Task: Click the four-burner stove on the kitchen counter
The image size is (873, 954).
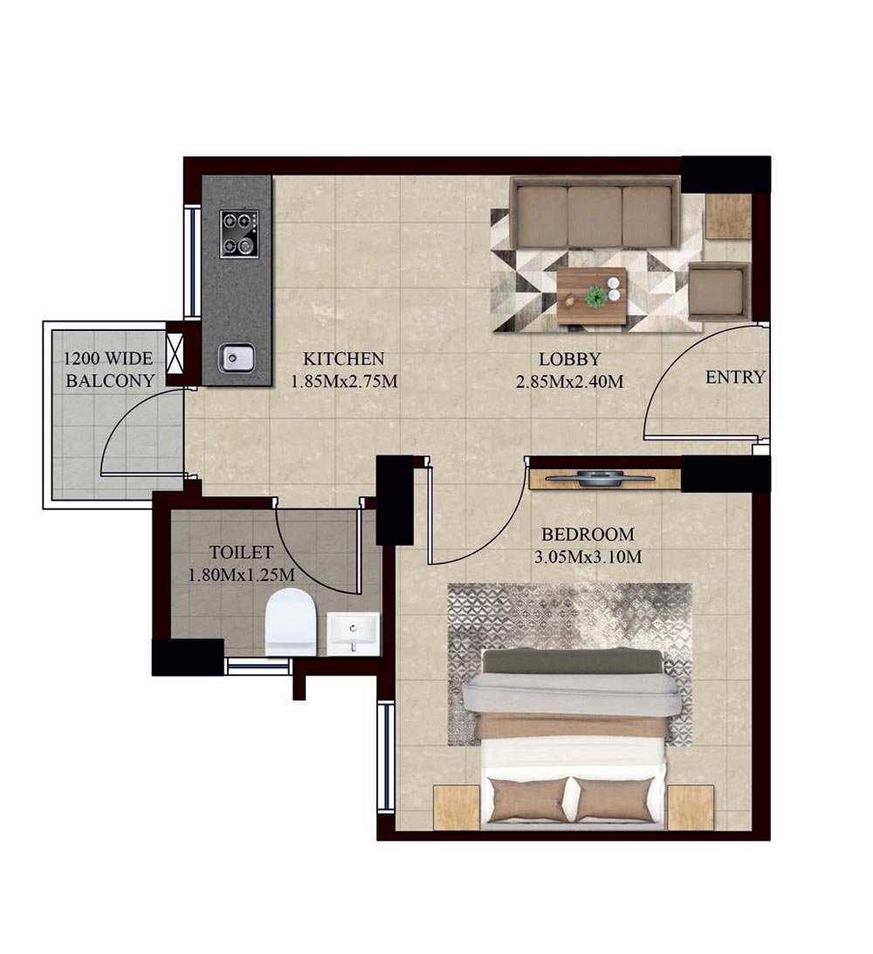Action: [x=239, y=233]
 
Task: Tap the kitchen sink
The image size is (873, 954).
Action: [x=236, y=356]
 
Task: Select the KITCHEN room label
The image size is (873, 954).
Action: [x=343, y=358]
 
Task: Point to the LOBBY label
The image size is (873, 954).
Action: [x=569, y=358]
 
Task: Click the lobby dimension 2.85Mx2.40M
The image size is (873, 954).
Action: [x=569, y=381]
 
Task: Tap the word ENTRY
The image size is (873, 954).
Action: [x=735, y=377]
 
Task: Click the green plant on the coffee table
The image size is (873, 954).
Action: [x=596, y=296]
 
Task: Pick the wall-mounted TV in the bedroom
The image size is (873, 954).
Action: [x=605, y=477]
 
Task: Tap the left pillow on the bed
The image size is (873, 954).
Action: [x=528, y=799]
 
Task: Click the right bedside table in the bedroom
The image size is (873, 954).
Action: [x=691, y=806]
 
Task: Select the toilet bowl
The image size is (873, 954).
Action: [x=290, y=621]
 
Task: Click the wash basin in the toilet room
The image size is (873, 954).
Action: [x=354, y=633]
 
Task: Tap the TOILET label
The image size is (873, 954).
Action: [x=242, y=552]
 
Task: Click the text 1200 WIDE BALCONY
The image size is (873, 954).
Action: [x=109, y=370]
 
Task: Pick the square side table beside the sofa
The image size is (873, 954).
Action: [x=728, y=216]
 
